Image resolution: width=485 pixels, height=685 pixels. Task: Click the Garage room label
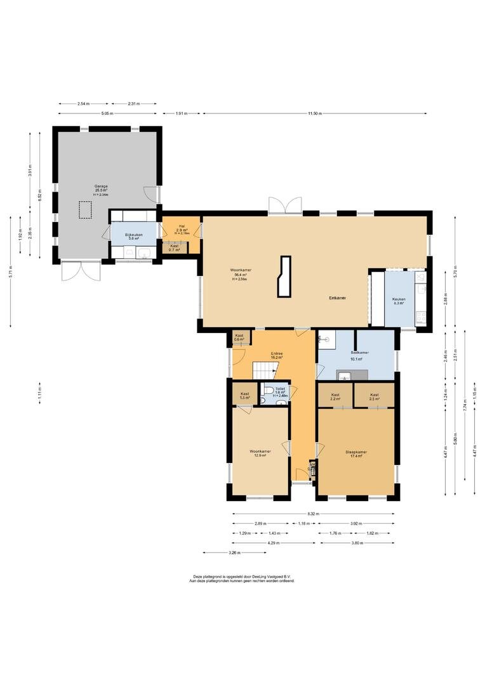[101, 188]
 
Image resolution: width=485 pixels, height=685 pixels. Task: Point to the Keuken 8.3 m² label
[399, 301]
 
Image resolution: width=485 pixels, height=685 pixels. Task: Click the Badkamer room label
[360, 355]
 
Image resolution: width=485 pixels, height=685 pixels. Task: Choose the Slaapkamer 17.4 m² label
[356, 454]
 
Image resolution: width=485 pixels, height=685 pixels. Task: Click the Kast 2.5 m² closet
[374, 396]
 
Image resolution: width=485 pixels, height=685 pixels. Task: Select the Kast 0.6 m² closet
[239, 337]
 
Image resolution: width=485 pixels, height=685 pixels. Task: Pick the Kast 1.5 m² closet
[244, 395]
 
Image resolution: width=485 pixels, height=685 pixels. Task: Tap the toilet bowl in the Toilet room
[269, 390]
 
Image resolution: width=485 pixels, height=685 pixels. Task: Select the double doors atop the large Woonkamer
[283, 205]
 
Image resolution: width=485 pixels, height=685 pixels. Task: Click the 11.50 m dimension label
[314, 114]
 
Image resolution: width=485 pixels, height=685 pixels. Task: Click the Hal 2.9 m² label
[182, 229]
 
